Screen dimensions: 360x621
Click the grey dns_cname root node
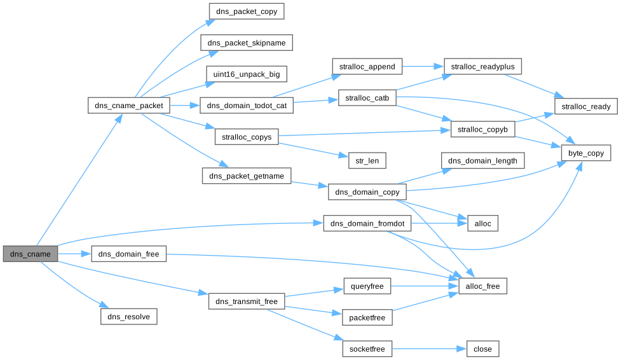[x=31, y=254]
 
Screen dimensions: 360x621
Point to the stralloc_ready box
[x=585, y=106]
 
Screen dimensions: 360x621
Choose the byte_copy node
[x=585, y=153]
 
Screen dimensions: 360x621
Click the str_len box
[x=364, y=160]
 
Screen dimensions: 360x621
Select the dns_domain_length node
[x=482, y=160]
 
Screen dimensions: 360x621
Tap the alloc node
[x=482, y=223]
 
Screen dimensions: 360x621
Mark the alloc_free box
[x=482, y=286]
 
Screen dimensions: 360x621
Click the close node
[x=482, y=349]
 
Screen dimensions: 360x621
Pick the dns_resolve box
[x=128, y=316]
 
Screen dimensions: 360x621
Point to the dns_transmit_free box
[x=246, y=301]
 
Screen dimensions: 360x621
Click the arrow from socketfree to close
[x=429, y=349]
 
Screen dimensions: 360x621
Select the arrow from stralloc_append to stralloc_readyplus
[x=416, y=66]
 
